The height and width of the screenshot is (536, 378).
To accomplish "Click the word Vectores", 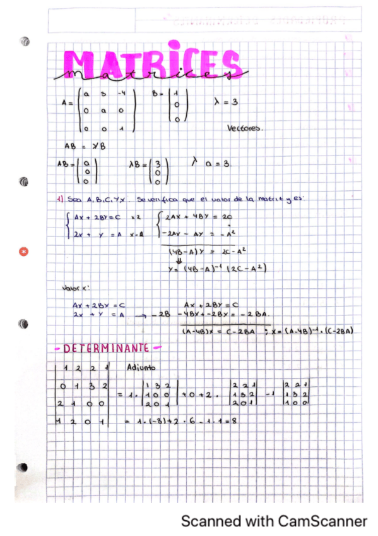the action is pos(245,128).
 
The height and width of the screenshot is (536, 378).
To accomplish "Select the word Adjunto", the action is pos(141,367).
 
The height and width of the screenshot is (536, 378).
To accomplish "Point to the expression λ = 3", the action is pos(225,101).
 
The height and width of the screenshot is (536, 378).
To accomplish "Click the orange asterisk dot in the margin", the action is pos(24,252).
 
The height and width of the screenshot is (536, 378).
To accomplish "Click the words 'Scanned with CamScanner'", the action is pos(274,521).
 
